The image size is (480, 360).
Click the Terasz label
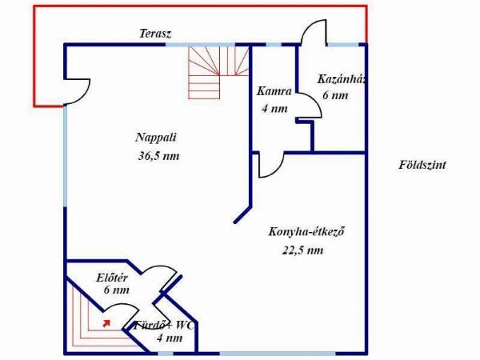(155, 34)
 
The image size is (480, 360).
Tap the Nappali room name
(156, 138)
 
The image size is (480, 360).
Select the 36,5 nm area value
(158, 156)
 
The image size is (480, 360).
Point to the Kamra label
(274, 91)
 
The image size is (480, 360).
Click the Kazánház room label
(342, 79)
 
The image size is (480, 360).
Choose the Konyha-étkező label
(306, 231)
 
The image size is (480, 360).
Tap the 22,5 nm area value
(302, 250)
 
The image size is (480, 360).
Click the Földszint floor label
(422, 165)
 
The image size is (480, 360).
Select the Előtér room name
(112, 278)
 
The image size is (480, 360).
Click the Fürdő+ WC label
(164, 326)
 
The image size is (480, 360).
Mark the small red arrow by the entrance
(106, 323)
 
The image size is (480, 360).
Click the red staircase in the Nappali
(218, 73)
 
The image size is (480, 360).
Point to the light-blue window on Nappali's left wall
(65, 156)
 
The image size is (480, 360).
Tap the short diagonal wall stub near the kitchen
(242, 214)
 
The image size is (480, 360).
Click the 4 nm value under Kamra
(274, 108)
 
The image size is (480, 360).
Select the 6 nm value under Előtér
(116, 290)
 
